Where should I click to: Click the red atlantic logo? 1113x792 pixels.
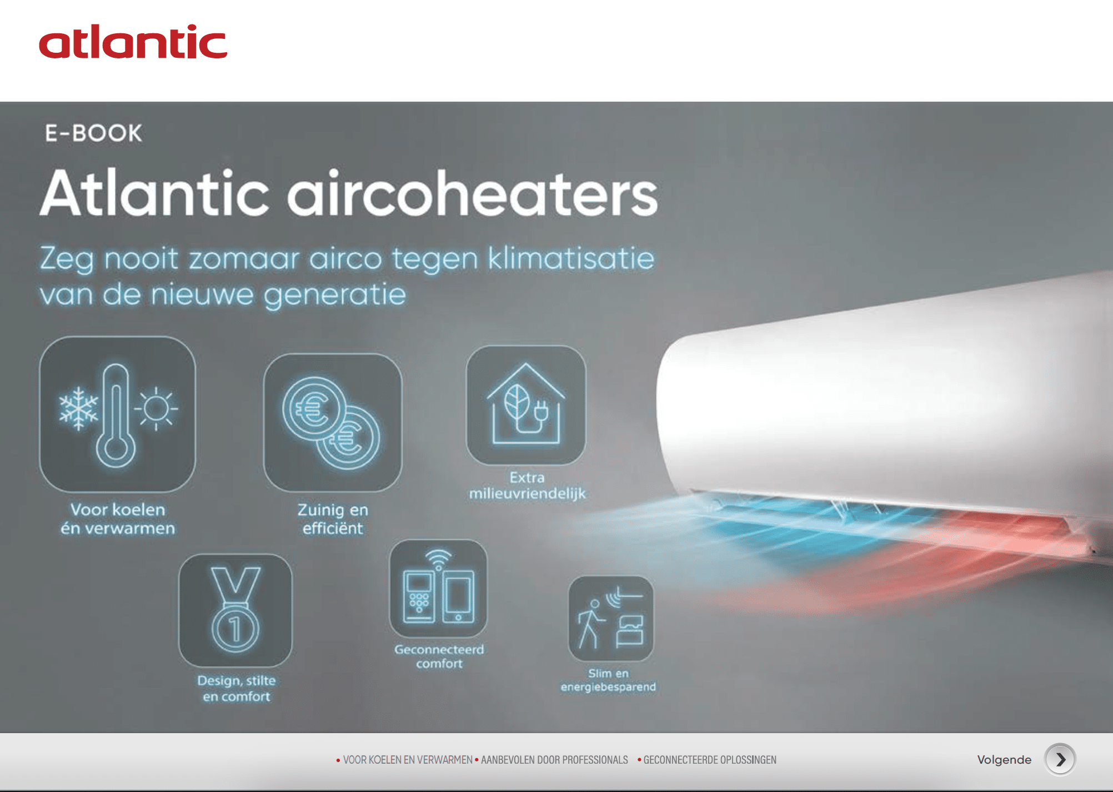133,42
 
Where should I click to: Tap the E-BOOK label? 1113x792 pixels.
93,133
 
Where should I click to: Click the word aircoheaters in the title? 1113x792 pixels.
472,193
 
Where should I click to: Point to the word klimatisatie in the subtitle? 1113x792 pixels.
571,259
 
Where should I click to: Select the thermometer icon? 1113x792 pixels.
116,415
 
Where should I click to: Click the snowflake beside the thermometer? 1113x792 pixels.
78,408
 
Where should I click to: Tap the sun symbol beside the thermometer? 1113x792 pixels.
156,409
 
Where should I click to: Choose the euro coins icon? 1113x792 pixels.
332,422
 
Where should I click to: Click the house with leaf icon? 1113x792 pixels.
526,404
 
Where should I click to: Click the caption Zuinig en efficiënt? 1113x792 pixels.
333,519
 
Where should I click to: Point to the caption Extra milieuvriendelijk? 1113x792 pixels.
527,485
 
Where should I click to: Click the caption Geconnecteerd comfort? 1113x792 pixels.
439,656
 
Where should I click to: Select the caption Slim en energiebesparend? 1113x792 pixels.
608,680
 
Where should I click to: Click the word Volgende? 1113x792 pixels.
1004,760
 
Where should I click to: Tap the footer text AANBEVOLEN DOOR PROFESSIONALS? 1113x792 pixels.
554,760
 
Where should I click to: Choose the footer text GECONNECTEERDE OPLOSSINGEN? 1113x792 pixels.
710,760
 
